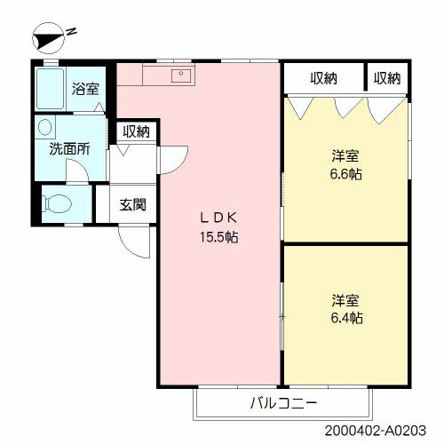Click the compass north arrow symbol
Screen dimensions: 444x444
(x=48, y=38)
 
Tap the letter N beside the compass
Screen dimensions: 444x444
(x=71, y=31)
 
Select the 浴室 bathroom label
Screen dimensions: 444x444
(x=85, y=89)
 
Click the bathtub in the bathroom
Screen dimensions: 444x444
(x=50, y=88)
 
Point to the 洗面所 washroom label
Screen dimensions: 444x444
(x=69, y=148)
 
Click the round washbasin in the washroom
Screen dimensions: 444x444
(x=44, y=127)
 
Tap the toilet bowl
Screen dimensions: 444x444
(x=57, y=203)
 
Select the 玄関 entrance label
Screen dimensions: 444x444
(x=133, y=204)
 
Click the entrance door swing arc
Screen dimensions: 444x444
(x=131, y=249)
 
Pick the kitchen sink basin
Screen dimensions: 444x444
(x=181, y=75)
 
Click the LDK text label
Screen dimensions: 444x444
(x=219, y=218)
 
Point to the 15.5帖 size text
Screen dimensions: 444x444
(x=219, y=237)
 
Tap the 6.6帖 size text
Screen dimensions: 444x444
(x=346, y=174)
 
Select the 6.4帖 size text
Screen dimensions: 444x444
(x=346, y=318)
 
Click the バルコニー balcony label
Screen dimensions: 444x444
(x=283, y=403)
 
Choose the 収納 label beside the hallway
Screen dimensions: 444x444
(x=137, y=131)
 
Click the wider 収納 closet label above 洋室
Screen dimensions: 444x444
(x=324, y=78)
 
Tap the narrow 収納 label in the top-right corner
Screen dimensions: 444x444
(x=387, y=78)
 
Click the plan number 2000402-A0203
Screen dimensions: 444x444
(x=376, y=431)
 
